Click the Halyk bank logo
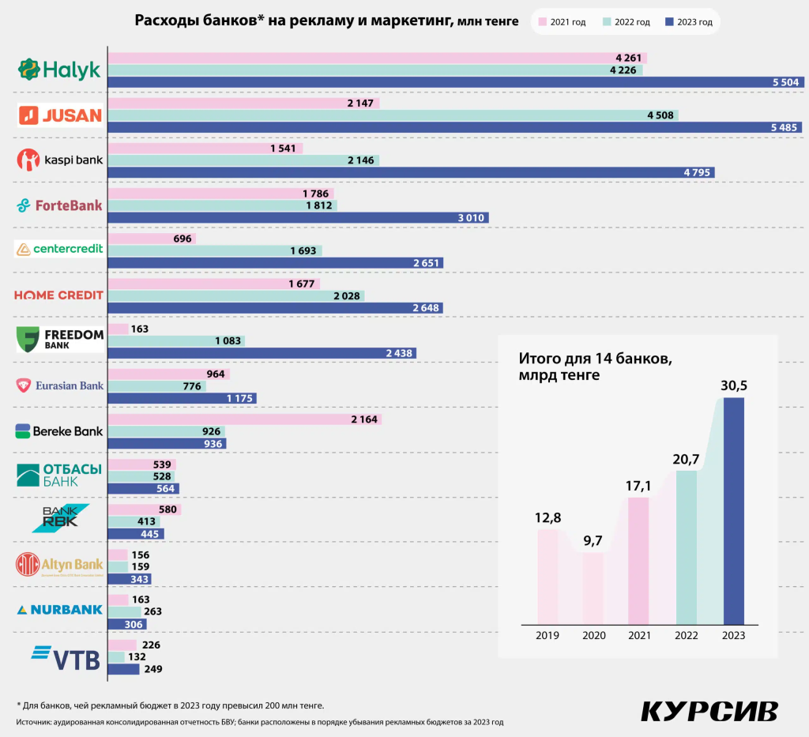tap(59, 70)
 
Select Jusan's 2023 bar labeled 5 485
tap(454, 127)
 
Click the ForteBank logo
tap(59, 205)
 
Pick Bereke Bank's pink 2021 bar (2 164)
tap(245, 419)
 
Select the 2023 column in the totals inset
tap(734, 510)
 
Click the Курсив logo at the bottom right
tap(709, 710)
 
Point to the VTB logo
tap(66, 657)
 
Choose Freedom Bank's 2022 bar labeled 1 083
tap(176, 341)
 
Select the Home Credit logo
tap(59, 295)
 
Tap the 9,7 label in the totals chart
tap(593, 540)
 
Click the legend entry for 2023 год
tap(689, 22)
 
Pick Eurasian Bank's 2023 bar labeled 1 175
tap(182, 399)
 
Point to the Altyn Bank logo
tap(59, 565)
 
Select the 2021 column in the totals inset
tap(638, 560)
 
